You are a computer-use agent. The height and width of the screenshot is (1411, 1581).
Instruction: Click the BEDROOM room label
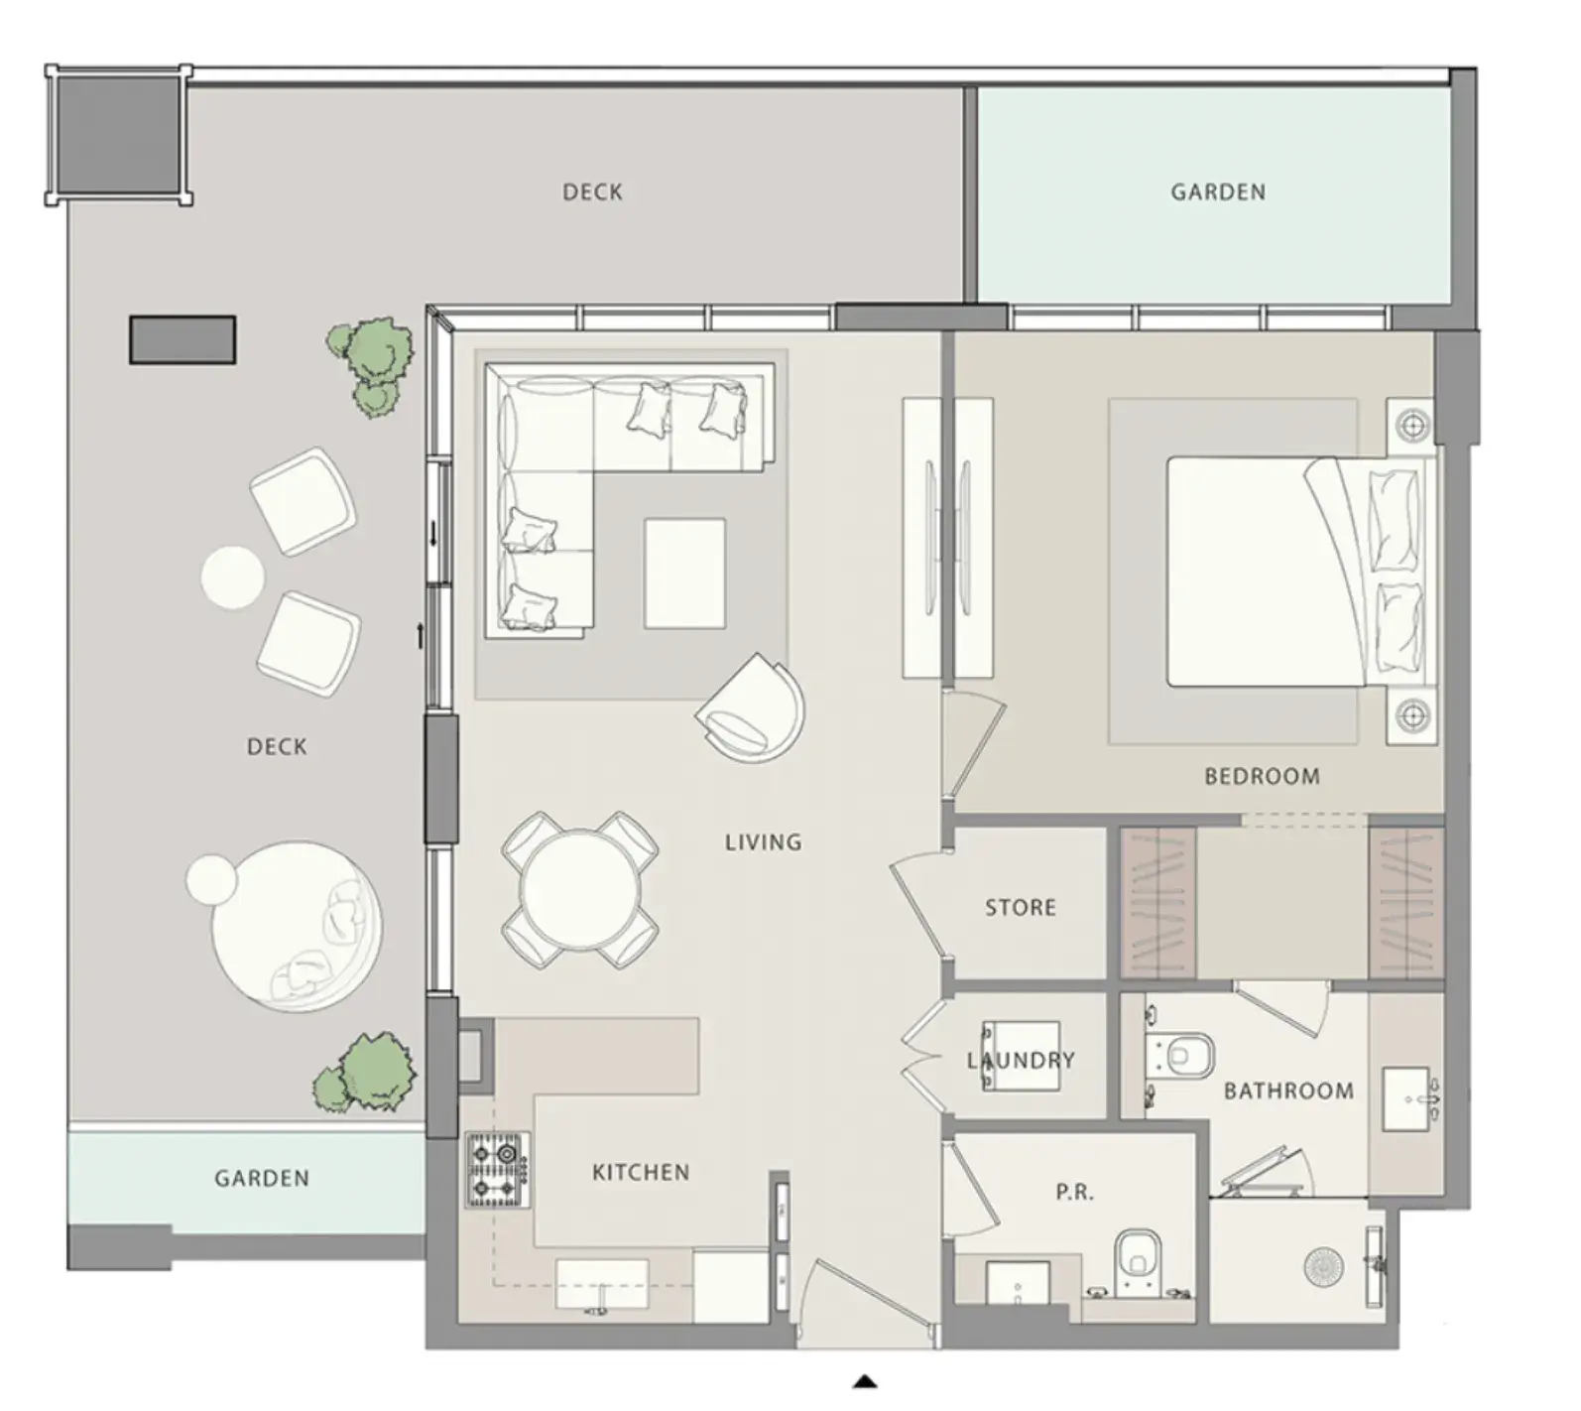click(1262, 776)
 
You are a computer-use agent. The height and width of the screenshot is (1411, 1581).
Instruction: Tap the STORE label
click(1020, 907)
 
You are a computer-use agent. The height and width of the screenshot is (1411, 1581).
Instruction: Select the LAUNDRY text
click(1021, 1060)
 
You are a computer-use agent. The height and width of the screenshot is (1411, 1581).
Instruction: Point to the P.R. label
click(1074, 1192)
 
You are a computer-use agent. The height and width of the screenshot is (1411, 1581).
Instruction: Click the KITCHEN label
click(641, 1172)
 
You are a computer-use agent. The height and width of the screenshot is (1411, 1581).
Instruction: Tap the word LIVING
click(763, 842)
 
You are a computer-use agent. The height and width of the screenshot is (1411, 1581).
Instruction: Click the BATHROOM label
click(1288, 1091)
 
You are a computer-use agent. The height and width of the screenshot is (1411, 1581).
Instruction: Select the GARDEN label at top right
click(1218, 192)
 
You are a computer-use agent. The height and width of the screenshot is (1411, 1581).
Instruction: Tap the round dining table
click(580, 889)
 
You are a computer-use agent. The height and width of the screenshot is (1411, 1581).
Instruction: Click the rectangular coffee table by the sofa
click(684, 574)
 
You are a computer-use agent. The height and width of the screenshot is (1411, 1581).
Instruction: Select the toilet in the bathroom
click(1180, 1057)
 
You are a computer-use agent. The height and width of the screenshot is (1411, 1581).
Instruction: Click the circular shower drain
click(1322, 1268)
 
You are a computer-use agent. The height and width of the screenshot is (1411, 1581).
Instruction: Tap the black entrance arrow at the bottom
click(866, 1380)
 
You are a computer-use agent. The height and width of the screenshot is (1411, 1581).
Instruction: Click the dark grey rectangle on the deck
click(182, 340)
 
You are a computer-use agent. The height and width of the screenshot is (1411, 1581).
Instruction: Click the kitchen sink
click(601, 1285)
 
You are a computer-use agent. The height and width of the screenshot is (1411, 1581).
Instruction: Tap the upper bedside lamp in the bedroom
click(1411, 427)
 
